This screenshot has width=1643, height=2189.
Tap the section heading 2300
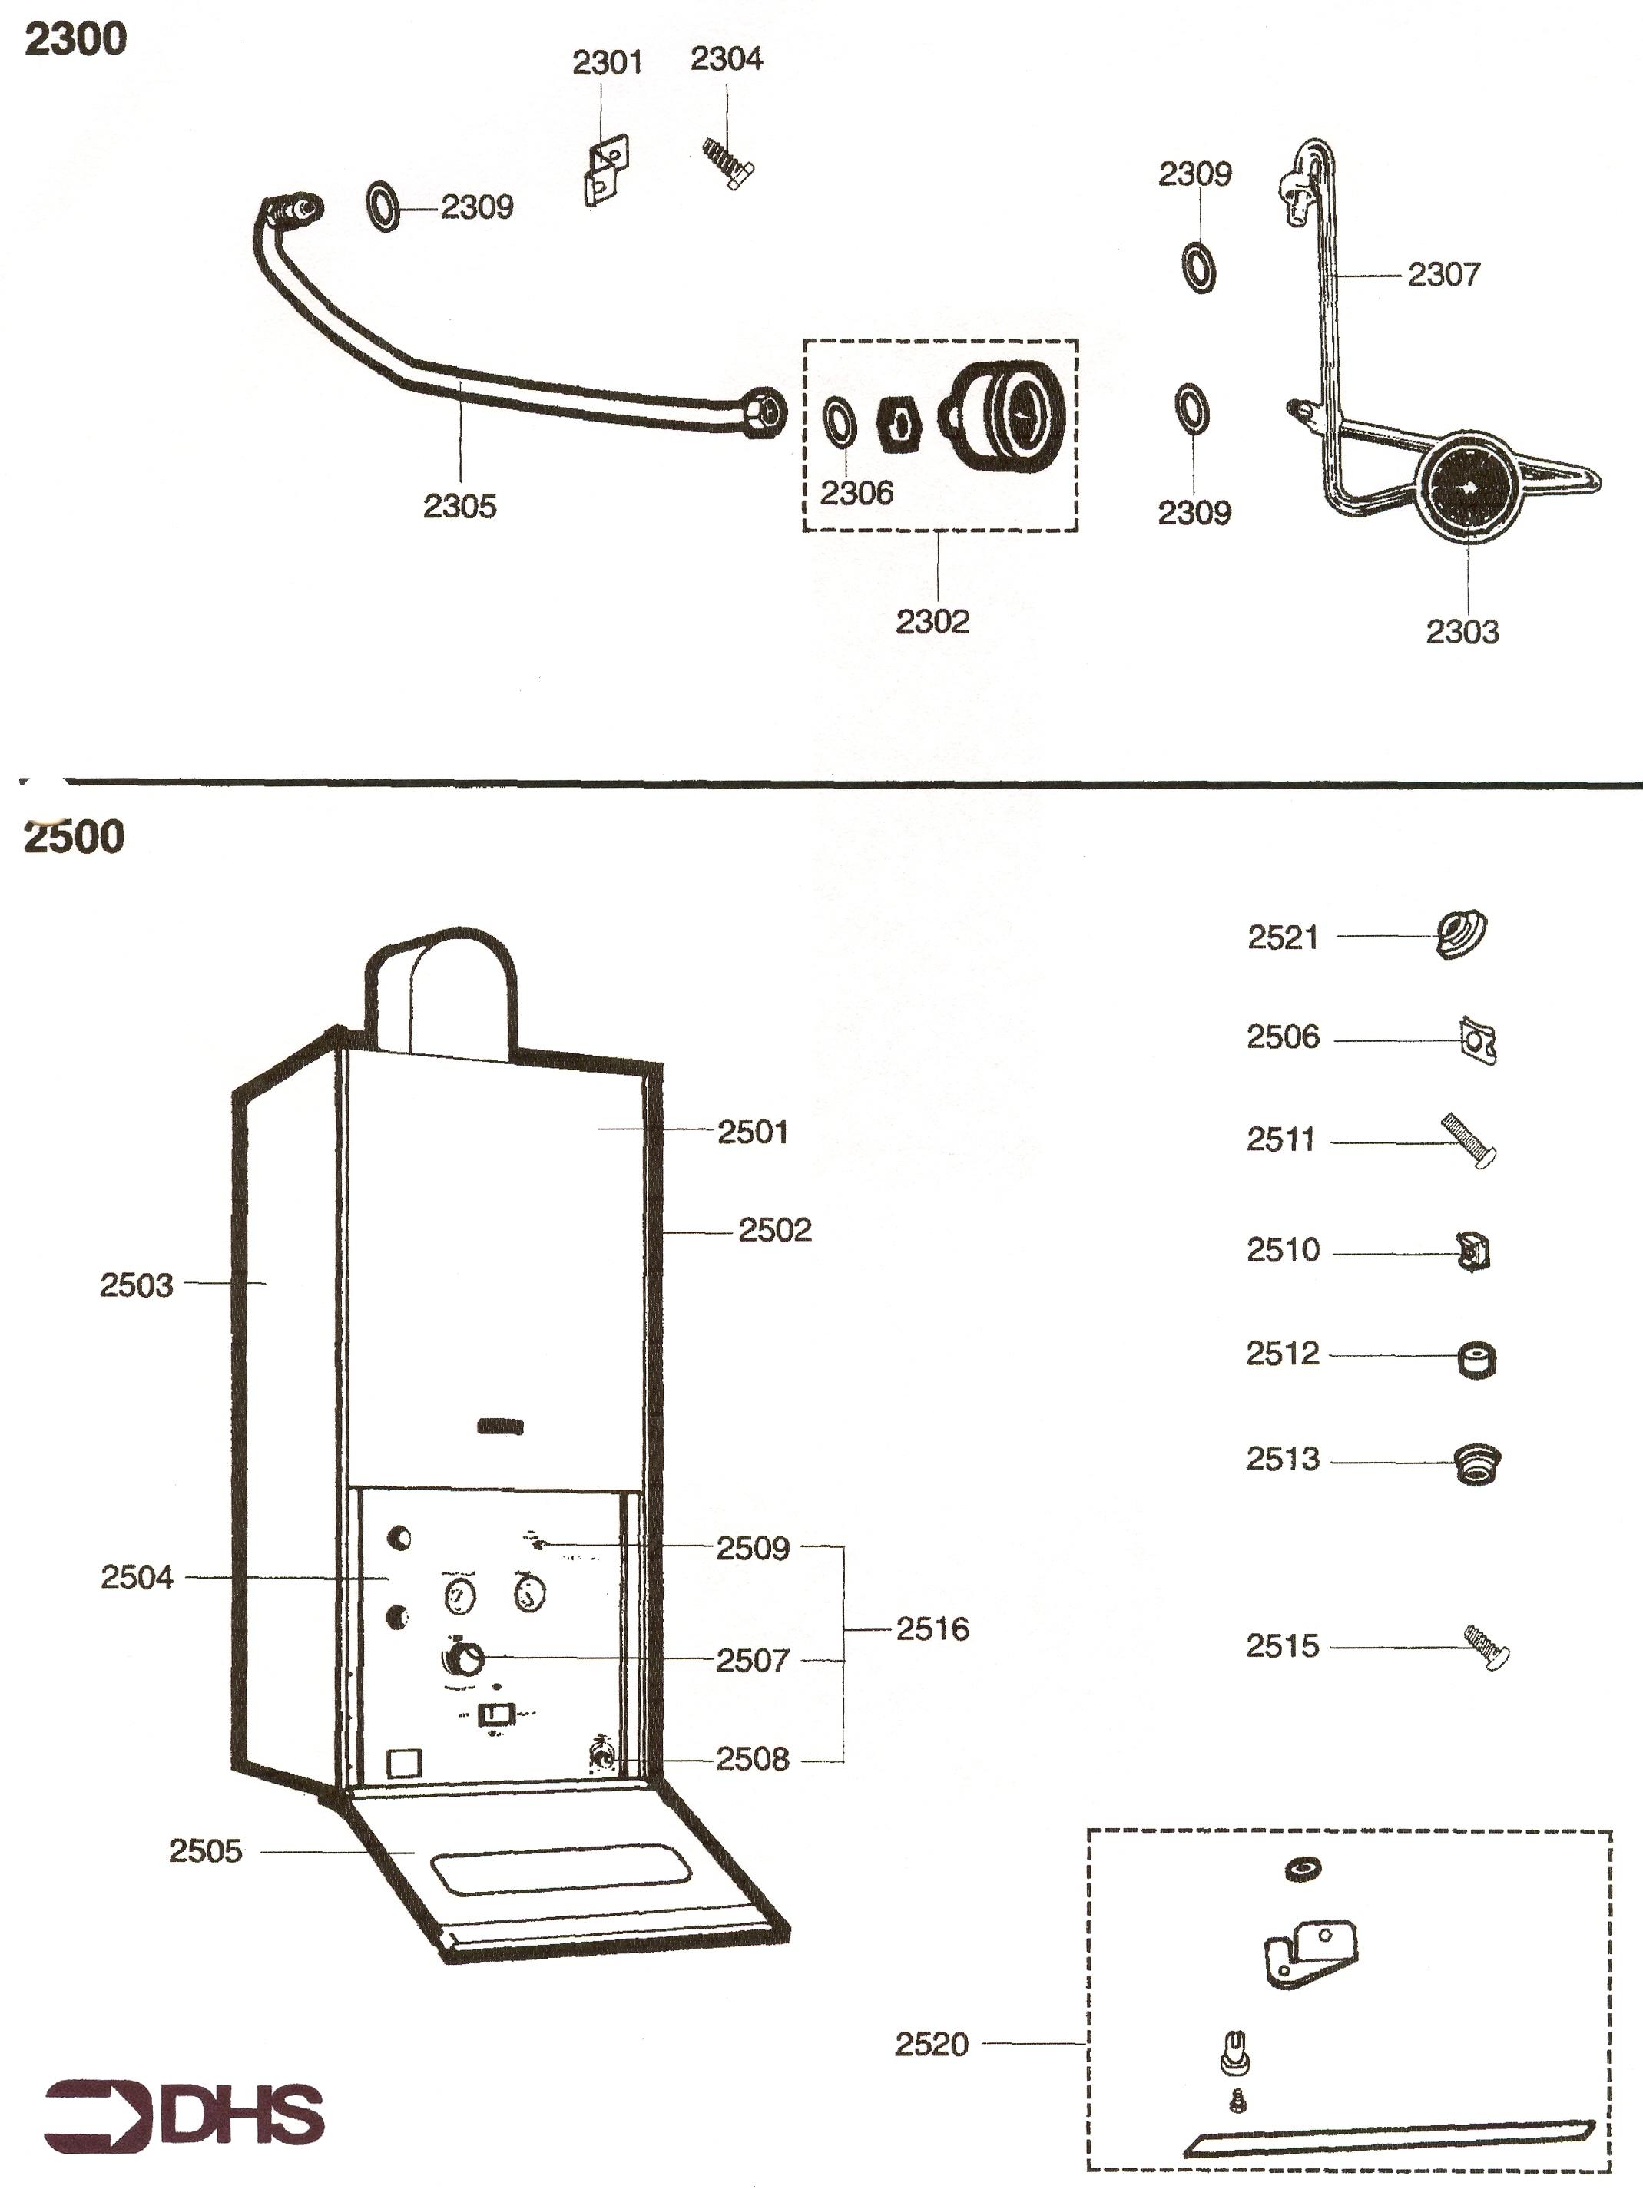tap(75, 41)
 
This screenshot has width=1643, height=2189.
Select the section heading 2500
tap(75, 836)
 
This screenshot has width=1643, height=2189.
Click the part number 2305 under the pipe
tap(459, 507)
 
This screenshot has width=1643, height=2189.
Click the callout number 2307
tap(1443, 274)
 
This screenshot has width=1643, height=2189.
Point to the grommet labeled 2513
tap(1476, 1463)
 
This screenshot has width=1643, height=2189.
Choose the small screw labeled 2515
tap(1486, 1648)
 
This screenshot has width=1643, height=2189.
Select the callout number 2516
tap(932, 1629)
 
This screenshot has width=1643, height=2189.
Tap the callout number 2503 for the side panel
tap(136, 1285)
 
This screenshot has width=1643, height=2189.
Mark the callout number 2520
tap(932, 2044)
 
